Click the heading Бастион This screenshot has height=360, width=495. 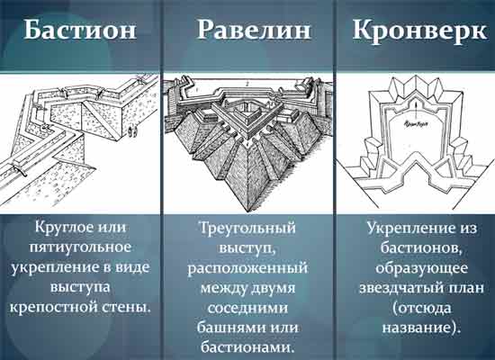79,30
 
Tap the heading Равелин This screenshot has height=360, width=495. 254,30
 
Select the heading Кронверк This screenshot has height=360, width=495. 419,31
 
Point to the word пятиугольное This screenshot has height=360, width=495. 80,247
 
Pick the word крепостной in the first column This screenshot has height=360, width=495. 53,308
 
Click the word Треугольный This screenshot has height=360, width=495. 248,229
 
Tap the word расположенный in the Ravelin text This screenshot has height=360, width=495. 247,268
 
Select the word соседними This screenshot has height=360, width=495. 247,308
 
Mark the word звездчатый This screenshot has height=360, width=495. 400,288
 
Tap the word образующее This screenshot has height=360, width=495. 421,268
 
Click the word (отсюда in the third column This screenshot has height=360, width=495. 422,308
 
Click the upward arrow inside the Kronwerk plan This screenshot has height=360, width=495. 416,110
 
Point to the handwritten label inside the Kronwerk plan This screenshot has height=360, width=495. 416,125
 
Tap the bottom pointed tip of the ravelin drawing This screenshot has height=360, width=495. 247,211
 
